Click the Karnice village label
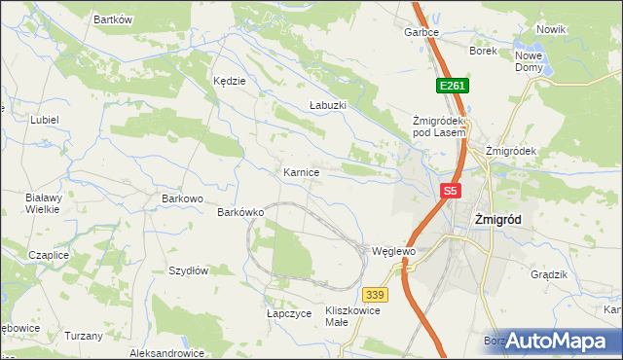click(301, 172)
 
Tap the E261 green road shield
click(453, 87)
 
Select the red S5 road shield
click(449, 192)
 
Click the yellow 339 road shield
click(376, 294)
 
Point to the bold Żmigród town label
click(496, 220)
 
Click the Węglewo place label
click(394, 251)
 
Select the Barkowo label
click(182, 198)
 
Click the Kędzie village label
click(229, 82)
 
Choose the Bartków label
click(112, 19)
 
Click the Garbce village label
click(421, 32)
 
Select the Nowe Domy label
click(531, 60)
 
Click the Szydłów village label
click(189, 270)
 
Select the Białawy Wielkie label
click(43, 202)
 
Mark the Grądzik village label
click(549, 274)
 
